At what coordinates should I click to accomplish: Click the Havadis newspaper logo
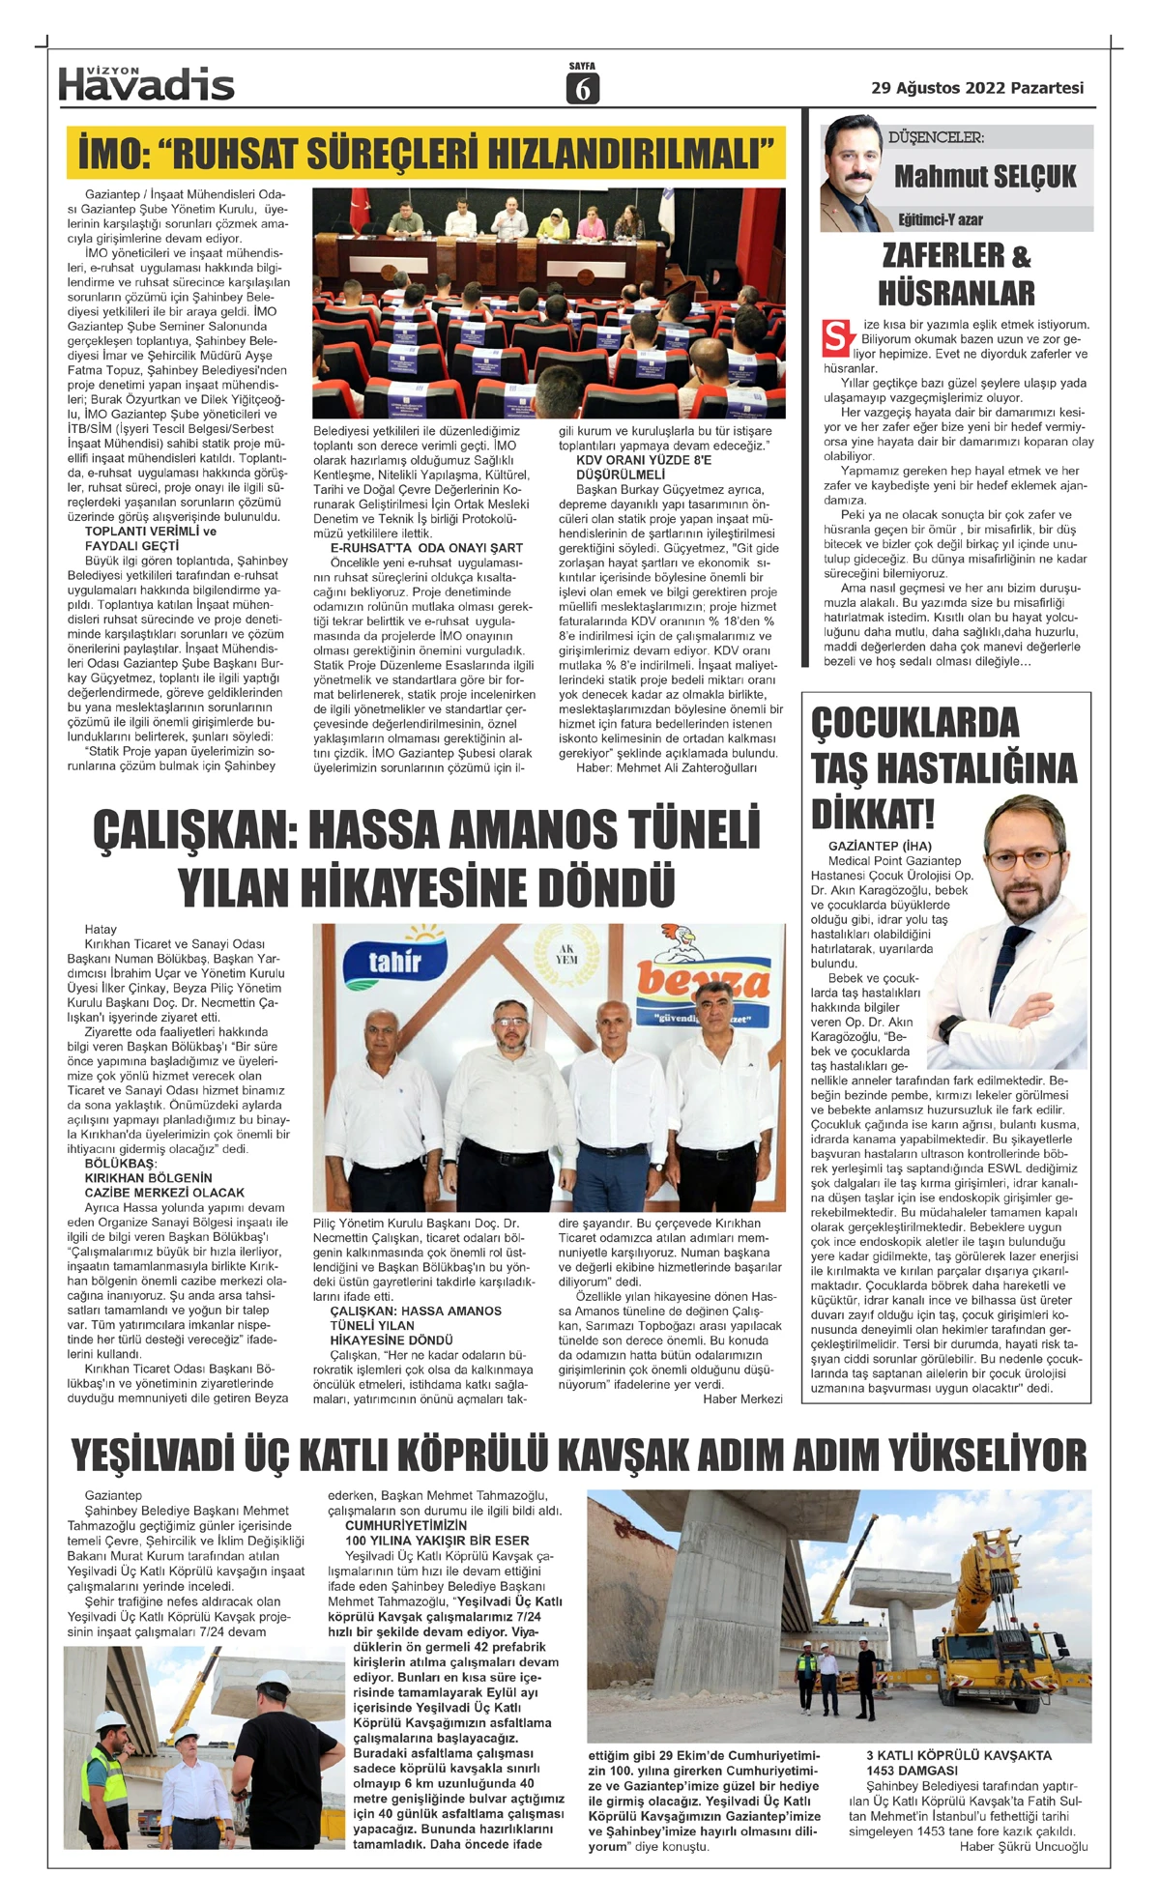(146, 85)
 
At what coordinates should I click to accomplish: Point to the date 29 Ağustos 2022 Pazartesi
(977, 88)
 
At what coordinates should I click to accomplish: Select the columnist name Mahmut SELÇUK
(984, 176)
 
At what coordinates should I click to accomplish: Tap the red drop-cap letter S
(837, 337)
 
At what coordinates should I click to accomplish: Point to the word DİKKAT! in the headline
(873, 814)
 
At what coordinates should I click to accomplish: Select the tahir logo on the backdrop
(395, 960)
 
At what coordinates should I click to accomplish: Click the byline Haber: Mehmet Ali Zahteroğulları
(666, 767)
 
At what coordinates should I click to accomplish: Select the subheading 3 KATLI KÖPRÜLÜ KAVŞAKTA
(958, 1755)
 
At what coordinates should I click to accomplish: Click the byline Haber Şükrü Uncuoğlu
(1023, 1847)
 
